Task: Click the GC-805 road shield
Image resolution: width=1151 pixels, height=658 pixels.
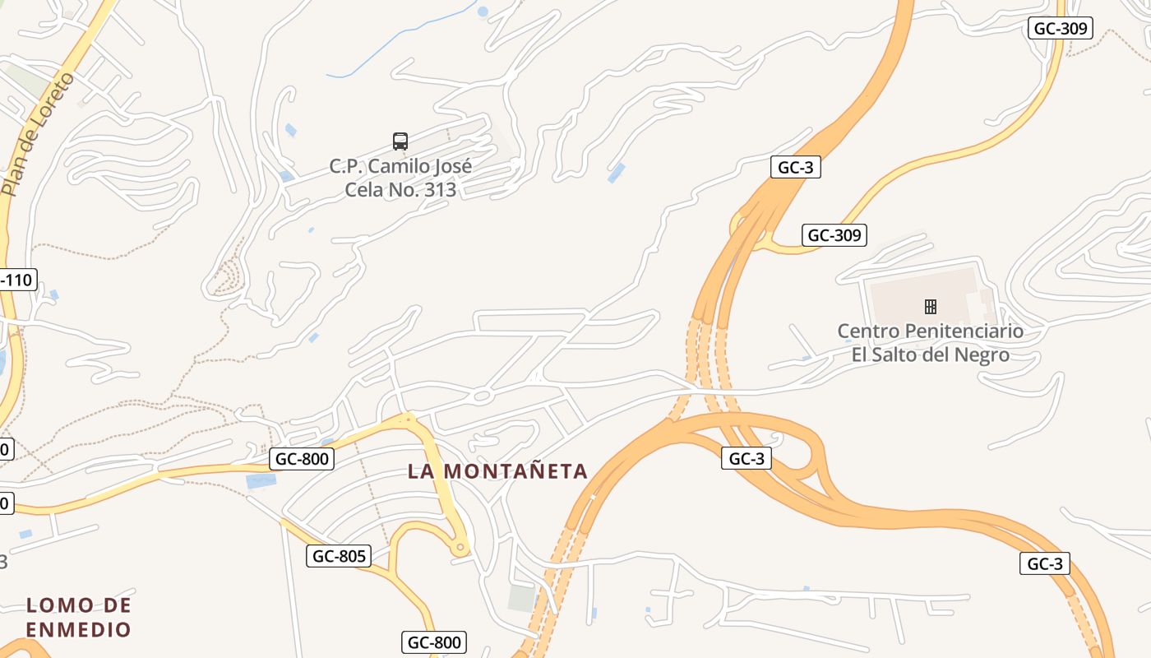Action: (x=339, y=556)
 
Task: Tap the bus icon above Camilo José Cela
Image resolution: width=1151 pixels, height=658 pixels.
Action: (x=400, y=141)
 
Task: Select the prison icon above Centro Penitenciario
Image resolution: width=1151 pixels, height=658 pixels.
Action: (x=930, y=307)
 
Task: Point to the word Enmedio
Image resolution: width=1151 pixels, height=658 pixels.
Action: (x=78, y=629)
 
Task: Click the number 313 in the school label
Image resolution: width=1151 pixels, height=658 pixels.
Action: (x=436, y=190)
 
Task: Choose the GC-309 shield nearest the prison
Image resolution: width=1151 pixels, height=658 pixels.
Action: (x=834, y=235)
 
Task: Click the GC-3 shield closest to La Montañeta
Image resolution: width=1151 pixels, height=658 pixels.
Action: (x=747, y=458)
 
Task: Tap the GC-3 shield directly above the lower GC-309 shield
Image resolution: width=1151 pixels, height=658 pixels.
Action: (x=796, y=167)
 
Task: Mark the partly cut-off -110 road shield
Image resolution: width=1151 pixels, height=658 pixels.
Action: (x=16, y=280)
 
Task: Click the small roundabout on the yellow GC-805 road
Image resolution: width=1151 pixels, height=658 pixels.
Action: (x=460, y=546)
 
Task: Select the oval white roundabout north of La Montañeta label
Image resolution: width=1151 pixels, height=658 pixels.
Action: (x=482, y=396)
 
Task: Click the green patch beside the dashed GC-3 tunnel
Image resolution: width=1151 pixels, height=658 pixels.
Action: (x=521, y=598)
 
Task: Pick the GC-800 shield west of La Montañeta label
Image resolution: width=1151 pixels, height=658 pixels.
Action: (x=302, y=459)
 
